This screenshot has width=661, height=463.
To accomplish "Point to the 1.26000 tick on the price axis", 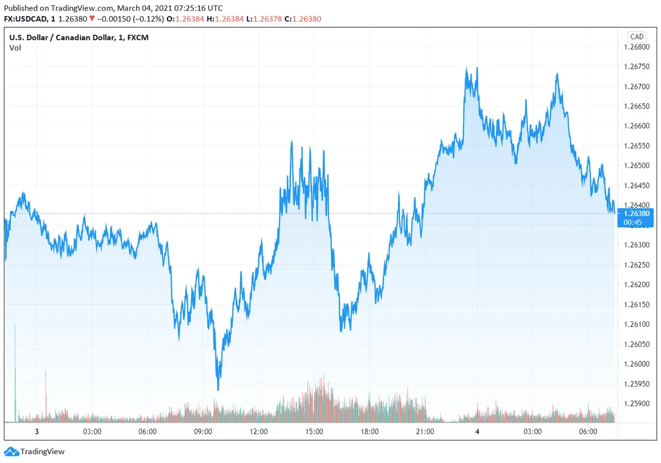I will (x=636, y=364).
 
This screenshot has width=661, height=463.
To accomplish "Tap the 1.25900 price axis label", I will (x=636, y=403).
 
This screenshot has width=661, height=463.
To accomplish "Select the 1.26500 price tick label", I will (x=636, y=165).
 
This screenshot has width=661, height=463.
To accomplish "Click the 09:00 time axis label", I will (x=203, y=432).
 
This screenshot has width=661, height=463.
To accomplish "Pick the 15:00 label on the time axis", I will (x=314, y=432).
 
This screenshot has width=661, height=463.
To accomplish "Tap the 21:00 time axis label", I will (x=425, y=432).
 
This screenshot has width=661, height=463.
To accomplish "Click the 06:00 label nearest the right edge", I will (x=588, y=432).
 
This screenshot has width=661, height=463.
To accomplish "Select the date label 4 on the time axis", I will (x=478, y=432).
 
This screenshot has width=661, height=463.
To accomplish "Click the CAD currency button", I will (x=637, y=36).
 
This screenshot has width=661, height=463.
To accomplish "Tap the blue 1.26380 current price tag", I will (x=636, y=213).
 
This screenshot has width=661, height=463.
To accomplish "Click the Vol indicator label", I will (x=15, y=47).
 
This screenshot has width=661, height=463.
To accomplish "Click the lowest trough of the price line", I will (x=218, y=390).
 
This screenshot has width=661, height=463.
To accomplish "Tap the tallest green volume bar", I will (x=15, y=375).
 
